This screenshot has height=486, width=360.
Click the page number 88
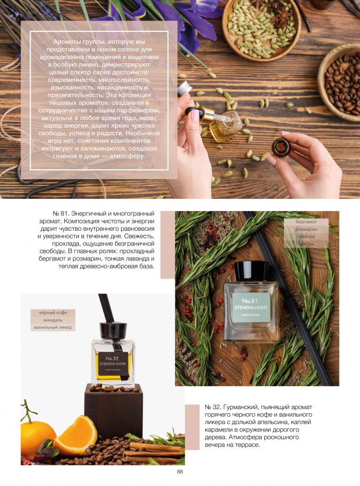[x=180, y=471]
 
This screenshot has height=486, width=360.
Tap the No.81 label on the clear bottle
[x=251, y=307]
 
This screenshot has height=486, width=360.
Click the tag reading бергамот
[x=306, y=222]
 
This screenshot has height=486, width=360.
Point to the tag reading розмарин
[x=306, y=229]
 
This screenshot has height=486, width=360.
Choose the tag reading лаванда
[x=306, y=236]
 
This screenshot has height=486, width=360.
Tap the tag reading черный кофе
[x=53, y=312]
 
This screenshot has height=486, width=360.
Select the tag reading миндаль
[x=53, y=320]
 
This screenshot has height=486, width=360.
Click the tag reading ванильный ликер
[x=53, y=327]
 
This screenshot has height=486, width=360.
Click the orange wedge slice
[x=77, y=434]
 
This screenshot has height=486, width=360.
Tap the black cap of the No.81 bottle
[x=251, y=271]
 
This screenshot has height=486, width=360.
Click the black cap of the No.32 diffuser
[x=113, y=331]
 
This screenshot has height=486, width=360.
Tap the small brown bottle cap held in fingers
[x=281, y=147]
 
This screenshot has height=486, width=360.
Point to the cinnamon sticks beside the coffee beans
[x=153, y=451]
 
